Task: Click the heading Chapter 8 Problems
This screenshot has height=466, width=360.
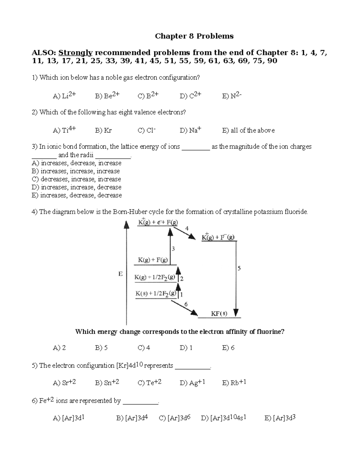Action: [194, 36]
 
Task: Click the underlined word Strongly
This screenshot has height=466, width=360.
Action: [75, 53]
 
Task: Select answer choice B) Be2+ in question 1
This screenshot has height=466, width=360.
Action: [107, 96]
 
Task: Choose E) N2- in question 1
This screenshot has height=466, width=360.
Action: [232, 96]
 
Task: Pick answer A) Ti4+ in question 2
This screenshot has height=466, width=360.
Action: [64, 130]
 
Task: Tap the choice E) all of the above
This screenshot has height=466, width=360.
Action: [248, 130]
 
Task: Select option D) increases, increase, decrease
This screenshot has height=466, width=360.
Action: [76, 187]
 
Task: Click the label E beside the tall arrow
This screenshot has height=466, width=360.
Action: [120, 274]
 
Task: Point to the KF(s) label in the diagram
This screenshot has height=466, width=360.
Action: [219, 314]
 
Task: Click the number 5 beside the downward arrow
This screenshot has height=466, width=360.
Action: [239, 268]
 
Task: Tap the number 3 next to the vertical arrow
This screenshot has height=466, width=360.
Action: [173, 249]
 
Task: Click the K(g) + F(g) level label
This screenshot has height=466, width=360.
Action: [153, 260]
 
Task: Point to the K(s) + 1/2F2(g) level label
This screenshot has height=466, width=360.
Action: [156, 294]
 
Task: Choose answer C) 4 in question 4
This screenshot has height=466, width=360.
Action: [144, 348]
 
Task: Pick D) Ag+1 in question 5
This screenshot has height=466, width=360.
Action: [192, 383]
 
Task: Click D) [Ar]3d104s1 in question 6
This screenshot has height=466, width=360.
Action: [223, 418]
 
